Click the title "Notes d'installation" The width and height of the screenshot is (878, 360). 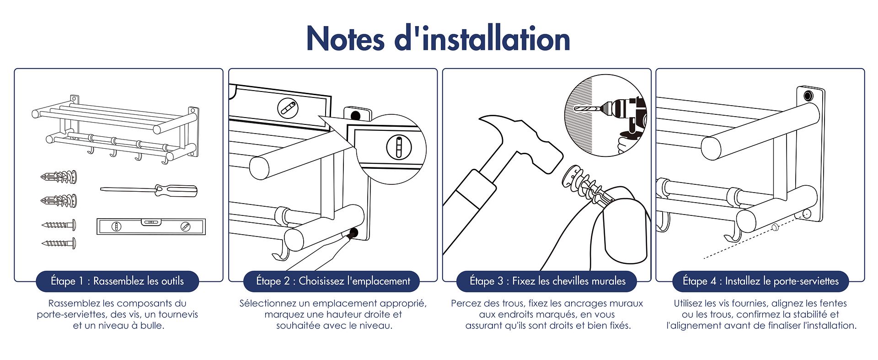pos(438,38)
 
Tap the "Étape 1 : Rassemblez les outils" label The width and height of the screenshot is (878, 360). pos(117,281)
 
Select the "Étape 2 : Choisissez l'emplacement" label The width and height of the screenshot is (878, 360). pos(333,281)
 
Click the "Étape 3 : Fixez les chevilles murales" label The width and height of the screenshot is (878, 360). pos(547,281)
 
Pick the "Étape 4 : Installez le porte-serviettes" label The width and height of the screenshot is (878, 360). pos(760,281)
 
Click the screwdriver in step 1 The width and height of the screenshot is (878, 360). pos(149,190)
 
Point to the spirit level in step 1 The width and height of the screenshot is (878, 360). pos(151,226)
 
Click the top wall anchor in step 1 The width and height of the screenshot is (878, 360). pos(59,177)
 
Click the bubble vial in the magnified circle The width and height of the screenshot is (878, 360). pos(398,147)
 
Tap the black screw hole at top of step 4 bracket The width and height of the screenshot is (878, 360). pos(808,96)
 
